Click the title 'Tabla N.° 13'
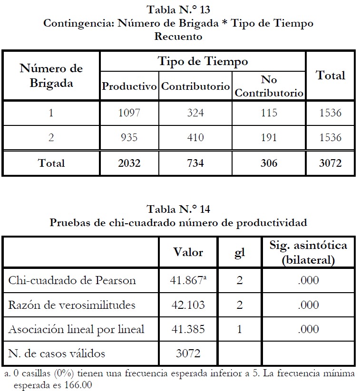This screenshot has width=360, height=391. (x=179, y=9)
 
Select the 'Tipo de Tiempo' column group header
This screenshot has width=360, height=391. (x=203, y=61)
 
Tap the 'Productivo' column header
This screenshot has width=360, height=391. (x=129, y=87)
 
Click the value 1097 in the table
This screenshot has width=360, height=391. (x=129, y=113)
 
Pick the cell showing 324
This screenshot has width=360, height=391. (x=195, y=113)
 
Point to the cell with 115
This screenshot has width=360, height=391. (x=269, y=113)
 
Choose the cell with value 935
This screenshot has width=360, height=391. (x=129, y=138)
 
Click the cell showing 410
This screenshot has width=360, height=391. (x=195, y=138)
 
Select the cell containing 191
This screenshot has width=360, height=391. (x=269, y=138)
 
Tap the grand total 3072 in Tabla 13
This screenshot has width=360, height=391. (x=331, y=163)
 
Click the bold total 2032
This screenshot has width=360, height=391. (x=129, y=163)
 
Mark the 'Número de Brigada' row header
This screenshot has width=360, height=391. (x=51, y=76)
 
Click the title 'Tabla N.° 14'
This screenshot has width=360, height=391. (x=179, y=209)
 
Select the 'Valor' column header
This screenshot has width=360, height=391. (x=188, y=252)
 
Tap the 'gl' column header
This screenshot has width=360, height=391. (x=240, y=252)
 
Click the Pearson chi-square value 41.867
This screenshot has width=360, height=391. (x=186, y=280)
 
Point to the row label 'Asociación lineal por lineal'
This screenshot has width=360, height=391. (x=76, y=329)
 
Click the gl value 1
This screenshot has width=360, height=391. (x=240, y=329)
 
